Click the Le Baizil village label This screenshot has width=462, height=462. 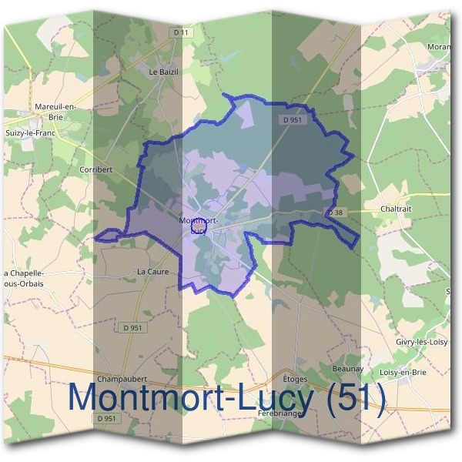[x=163, y=71]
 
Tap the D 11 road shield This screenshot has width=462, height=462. [x=181, y=32]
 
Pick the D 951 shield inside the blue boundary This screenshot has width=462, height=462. [x=291, y=120]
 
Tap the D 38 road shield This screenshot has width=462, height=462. [x=334, y=212]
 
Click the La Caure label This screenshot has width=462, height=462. [x=152, y=272]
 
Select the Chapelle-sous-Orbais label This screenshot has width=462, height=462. [x=25, y=278]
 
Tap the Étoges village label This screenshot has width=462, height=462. [x=295, y=380]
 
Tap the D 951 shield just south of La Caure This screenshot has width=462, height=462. [x=132, y=328]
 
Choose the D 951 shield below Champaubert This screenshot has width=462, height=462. [x=107, y=418]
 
